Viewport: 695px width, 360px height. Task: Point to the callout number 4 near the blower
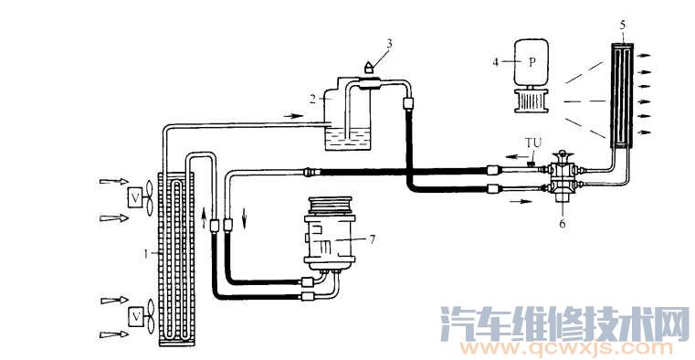click(496, 62)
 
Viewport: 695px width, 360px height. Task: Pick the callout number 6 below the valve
click(562, 221)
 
